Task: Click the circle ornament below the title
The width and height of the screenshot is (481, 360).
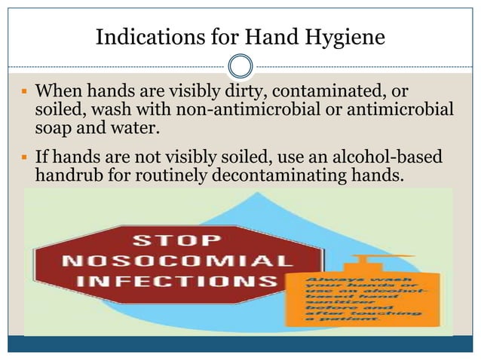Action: point(240,67)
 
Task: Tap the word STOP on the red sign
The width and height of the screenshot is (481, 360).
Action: point(178,242)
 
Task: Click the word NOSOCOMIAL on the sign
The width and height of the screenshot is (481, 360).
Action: point(178,262)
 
